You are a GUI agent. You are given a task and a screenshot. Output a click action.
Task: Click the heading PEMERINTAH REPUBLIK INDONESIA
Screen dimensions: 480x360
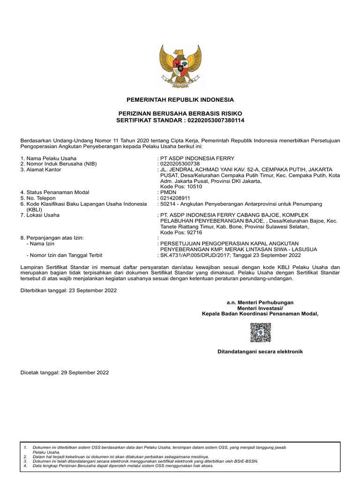180,100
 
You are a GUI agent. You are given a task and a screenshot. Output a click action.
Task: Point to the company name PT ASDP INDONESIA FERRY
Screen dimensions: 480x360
197,158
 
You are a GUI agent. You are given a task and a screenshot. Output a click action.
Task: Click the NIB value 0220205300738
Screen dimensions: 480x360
180,164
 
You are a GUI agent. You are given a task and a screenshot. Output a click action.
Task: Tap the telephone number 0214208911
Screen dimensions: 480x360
176,198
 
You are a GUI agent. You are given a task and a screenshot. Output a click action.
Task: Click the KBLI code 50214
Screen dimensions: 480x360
168,203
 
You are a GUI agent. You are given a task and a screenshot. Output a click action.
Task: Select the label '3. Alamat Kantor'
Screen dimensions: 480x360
41,169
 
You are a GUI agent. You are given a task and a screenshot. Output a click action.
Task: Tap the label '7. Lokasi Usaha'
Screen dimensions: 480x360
40,215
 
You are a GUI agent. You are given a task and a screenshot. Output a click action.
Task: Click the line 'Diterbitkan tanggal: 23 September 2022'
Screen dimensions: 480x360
68,290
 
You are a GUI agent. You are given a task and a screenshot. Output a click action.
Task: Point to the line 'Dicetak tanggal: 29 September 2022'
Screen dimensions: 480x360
65,372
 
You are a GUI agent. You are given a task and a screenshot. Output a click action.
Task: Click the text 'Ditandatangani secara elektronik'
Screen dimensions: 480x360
260,351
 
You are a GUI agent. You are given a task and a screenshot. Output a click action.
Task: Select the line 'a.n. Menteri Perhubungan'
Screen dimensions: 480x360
260,302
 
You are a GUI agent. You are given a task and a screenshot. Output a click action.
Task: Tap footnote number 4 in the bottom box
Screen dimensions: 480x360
25,466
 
